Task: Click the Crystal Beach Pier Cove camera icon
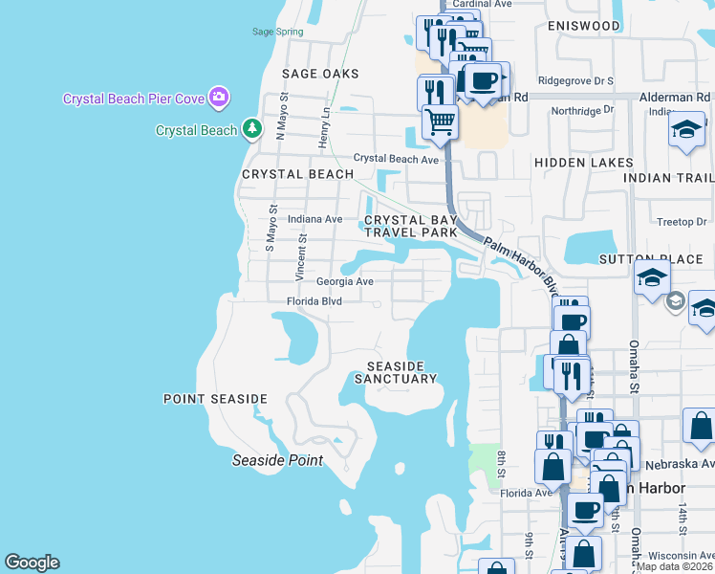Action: [219, 96]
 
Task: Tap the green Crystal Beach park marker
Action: [251, 128]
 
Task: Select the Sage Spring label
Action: [277, 32]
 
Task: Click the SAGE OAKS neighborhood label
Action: [320, 74]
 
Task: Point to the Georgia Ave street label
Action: [345, 282]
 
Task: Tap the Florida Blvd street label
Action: [314, 301]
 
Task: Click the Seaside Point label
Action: [278, 460]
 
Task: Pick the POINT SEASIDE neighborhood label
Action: [215, 399]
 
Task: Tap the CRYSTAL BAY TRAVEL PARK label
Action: [410, 226]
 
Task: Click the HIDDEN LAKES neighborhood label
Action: [584, 164]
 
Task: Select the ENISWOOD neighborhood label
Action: [584, 26]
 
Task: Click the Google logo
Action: [32, 563]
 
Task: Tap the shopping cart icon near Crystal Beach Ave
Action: [440, 121]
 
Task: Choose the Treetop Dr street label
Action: [682, 222]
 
